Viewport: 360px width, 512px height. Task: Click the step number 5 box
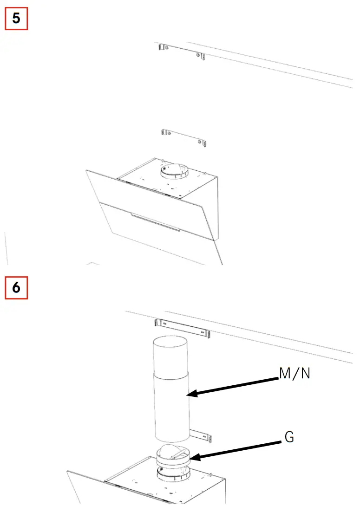point(16,19)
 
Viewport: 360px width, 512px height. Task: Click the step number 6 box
point(16,288)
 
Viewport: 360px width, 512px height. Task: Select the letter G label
point(288,437)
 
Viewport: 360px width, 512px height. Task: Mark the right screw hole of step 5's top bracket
point(199,56)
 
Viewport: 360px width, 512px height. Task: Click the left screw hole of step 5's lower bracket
point(168,133)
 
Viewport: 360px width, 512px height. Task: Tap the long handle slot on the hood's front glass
point(156,222)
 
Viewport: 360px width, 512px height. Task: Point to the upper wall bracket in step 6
point(182,328)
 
